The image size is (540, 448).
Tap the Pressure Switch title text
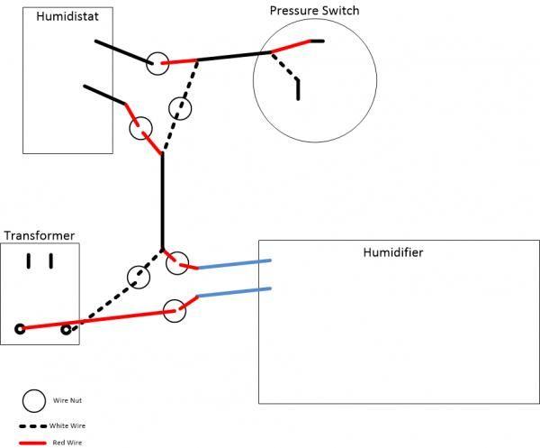(314, 11)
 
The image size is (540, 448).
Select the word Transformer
(39, 236)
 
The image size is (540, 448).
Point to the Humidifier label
(392, 252)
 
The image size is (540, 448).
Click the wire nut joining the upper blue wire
(177, 262)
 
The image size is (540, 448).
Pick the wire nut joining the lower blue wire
(175, 310)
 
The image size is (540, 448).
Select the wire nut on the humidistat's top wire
(158, 62)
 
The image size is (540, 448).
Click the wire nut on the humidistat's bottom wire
(140, 128)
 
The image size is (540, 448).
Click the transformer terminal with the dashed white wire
(66, 330)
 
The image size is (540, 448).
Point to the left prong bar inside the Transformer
(29, 261)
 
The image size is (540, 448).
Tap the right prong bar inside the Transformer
(51, 261)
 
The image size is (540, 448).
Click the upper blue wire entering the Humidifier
(234, 264)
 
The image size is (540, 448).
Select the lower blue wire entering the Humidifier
(234, 293)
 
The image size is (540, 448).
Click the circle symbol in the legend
(34, 399)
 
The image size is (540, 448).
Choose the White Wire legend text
(68, 425)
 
